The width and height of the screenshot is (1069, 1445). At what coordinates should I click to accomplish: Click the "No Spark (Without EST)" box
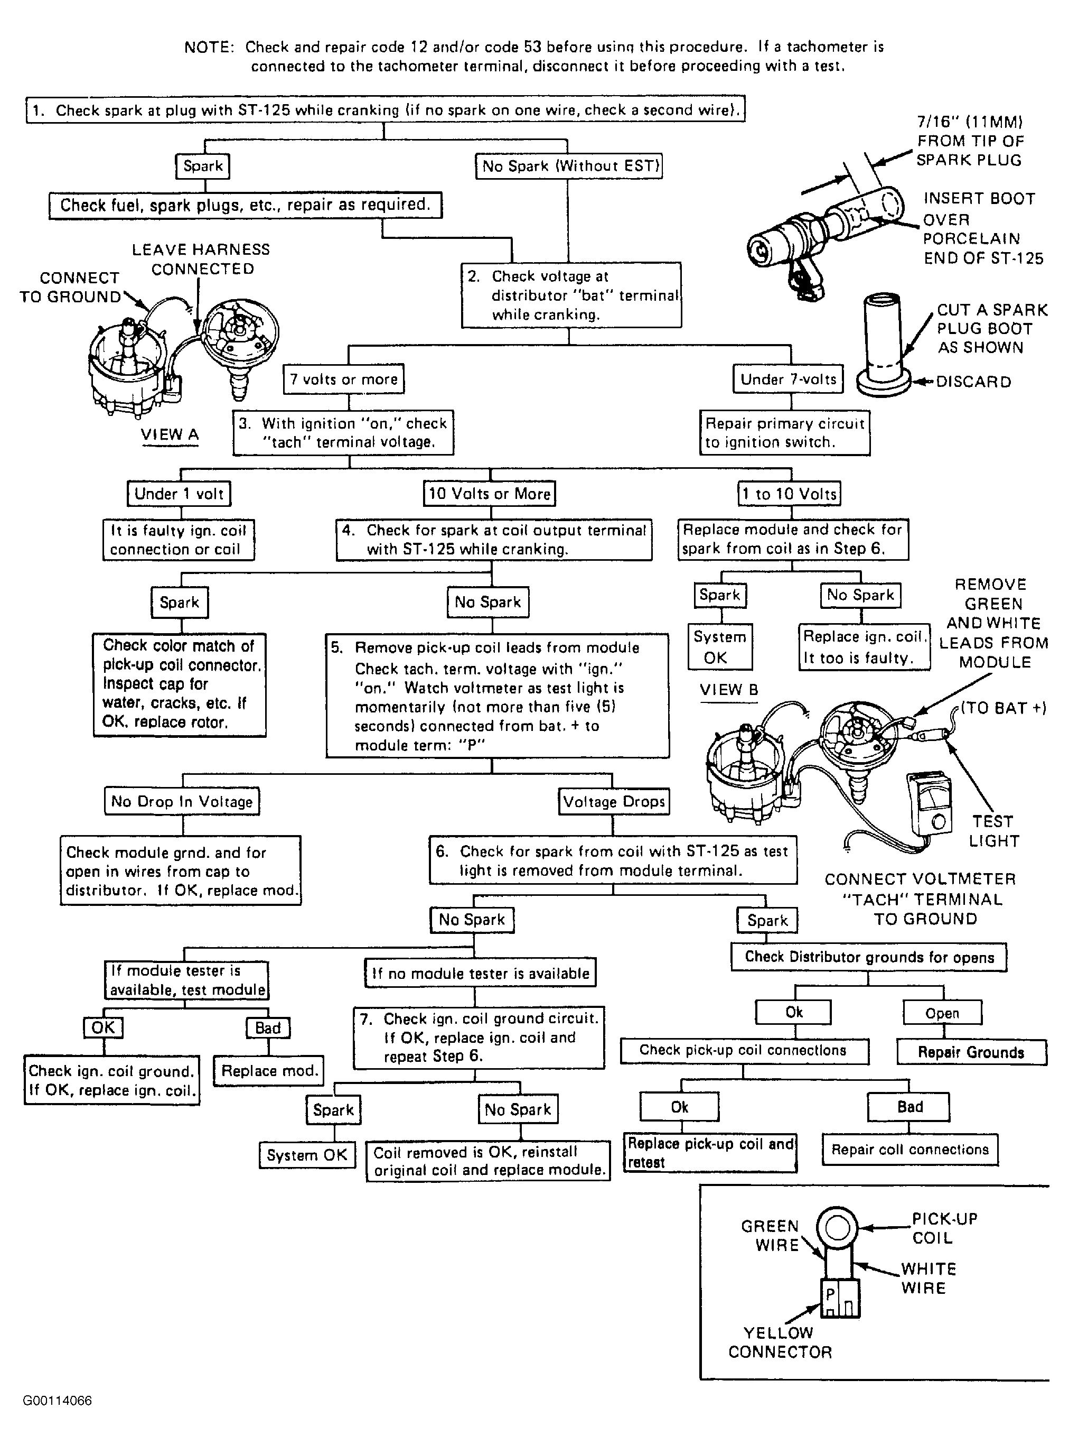(x=568, y=166)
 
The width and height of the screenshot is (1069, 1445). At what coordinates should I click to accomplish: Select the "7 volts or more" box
(x=344, y=379)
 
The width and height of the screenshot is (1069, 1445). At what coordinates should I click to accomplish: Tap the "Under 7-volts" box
(x=788, y=379)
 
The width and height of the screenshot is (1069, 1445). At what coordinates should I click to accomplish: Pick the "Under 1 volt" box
(x=179, y=494)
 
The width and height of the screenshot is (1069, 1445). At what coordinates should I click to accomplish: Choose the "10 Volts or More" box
(x=489, y=494)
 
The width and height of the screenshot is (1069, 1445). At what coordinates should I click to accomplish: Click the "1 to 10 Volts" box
(x=790, y=494)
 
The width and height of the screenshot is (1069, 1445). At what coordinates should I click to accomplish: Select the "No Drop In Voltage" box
(x=182, y=801)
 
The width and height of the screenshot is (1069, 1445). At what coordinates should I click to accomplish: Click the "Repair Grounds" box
(x=971, y=1052)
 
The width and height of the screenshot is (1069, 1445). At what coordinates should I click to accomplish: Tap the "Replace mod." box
(x=268, y=1071)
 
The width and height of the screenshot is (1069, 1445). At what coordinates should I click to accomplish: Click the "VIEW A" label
(x=170, y=434)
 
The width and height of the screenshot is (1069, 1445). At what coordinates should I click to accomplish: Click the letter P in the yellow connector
(x=830, y=1295)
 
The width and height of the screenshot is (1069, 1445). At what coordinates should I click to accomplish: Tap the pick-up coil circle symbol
(x=836, y=1227)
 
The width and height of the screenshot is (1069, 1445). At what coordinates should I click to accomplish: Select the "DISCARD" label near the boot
(x=973, y=382)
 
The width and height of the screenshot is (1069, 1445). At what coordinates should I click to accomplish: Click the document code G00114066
(x=58, y=1401)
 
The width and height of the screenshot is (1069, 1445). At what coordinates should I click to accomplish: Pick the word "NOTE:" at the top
(x=209, y=47)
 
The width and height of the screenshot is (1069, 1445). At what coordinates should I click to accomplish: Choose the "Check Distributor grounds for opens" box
(x=868, y=957)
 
